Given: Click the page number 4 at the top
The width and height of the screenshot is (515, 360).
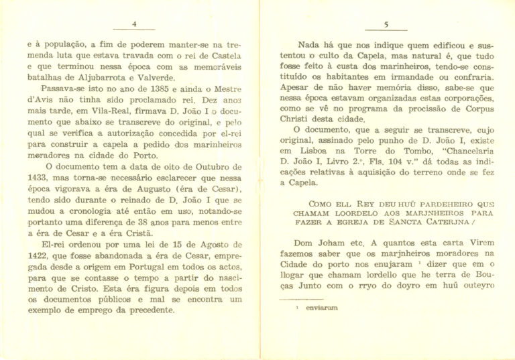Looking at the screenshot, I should pos(134,24).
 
